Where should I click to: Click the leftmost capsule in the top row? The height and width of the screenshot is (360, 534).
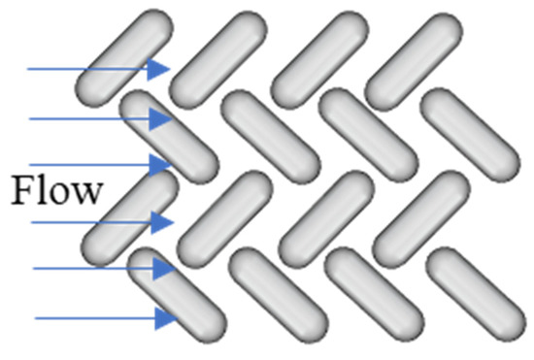(122, 58)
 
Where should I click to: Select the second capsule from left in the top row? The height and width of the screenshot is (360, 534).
(216, 58)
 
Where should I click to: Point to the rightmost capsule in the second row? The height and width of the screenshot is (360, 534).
(470, 136)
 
